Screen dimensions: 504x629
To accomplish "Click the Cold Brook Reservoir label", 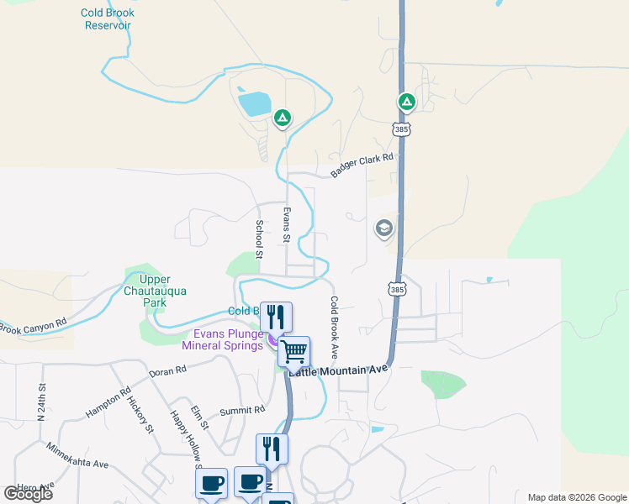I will (x=108, y=18).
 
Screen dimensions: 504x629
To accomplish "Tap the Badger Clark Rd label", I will (x=362, y=165).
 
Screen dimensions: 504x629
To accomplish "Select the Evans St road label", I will (x=287, y=225).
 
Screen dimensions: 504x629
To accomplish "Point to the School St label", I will (x=259, y=239).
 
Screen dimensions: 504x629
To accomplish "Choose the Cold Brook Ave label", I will (x=334, y=328).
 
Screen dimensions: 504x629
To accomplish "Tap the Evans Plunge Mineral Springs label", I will (x=223, y=339).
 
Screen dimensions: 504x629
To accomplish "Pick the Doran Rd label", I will (x=166, y=371).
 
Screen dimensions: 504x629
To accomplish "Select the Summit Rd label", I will (x=242, y=410).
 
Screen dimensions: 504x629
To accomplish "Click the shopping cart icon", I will (x=294, y=351).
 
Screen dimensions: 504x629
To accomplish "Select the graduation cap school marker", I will (x=384, y=228).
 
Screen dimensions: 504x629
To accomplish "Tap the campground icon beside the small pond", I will (x=283, y=118).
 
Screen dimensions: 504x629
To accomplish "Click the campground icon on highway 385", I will (x=407, y=102).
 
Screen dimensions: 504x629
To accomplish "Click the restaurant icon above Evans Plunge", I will (x=276, y=317).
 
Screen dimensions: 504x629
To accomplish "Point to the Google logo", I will (x=28, y=494).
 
